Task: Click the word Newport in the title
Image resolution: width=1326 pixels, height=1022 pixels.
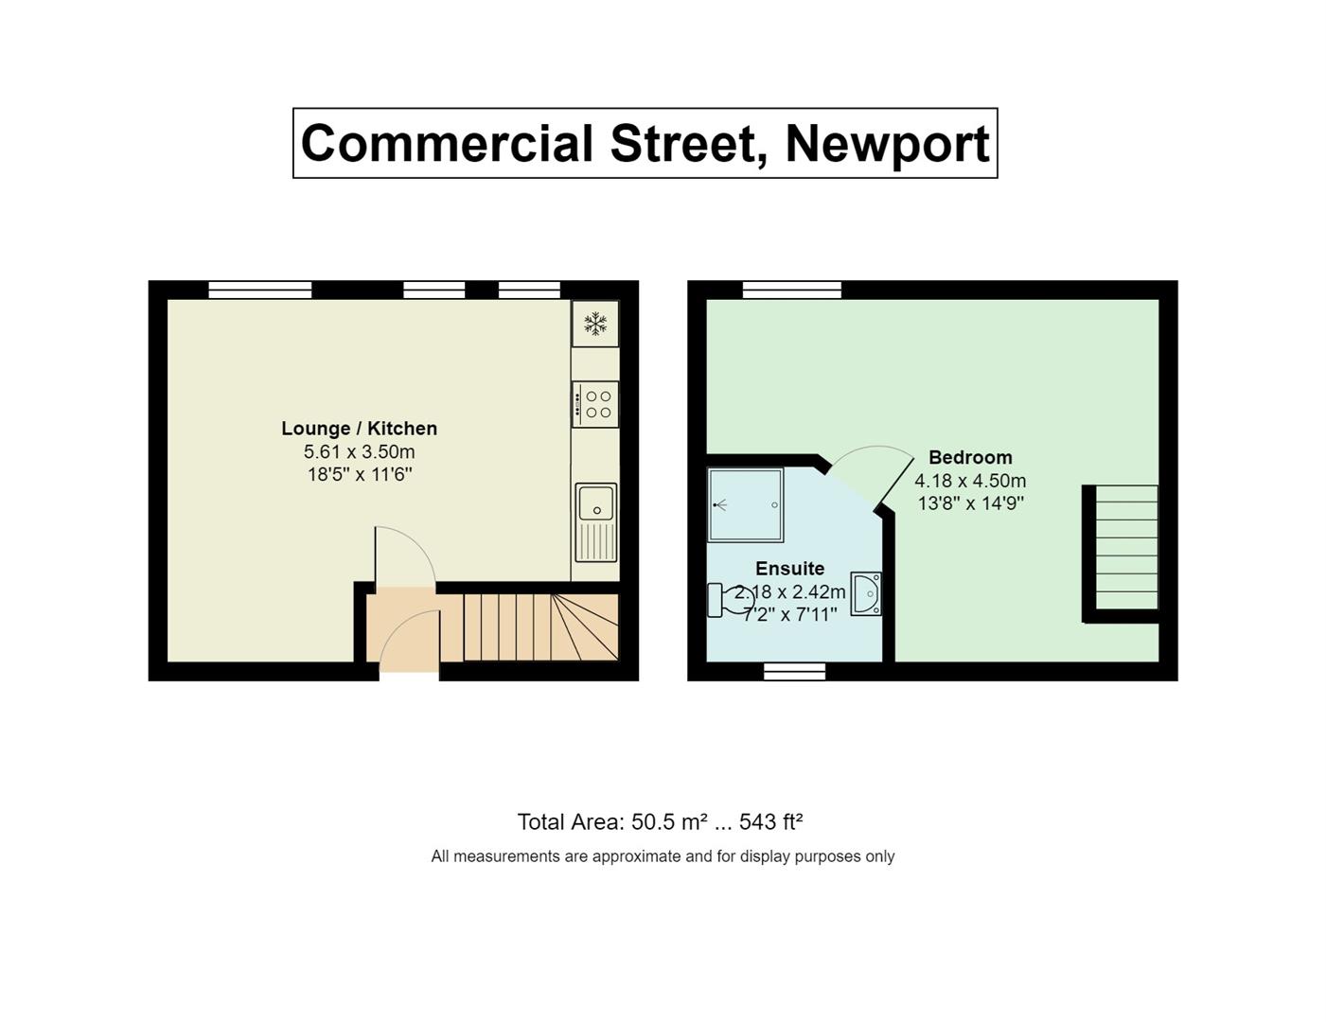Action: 887,144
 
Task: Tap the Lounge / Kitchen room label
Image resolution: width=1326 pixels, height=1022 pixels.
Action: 359,429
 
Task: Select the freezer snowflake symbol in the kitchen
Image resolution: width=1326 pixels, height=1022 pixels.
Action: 595,324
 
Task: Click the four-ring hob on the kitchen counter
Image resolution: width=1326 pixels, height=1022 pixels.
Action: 595,404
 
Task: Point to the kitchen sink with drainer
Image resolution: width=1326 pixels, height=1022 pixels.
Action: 596,521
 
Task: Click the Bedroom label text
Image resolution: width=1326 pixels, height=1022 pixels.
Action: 970,458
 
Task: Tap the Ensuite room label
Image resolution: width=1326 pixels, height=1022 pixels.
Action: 789,569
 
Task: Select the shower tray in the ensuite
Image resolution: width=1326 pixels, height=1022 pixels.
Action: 746,505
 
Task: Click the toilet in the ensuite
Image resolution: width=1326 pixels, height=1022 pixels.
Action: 729,599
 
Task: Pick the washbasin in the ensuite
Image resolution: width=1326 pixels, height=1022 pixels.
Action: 866,594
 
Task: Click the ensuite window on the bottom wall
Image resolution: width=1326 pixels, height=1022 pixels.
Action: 795,671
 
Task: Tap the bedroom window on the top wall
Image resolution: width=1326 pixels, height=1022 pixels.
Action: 792,290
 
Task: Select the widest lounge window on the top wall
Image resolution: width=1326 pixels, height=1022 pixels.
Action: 260,290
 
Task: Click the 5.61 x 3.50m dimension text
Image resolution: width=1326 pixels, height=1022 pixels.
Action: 359,452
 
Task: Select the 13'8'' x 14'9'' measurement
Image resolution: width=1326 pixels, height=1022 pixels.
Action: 970,503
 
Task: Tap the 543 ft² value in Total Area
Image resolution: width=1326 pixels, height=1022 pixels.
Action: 770,822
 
